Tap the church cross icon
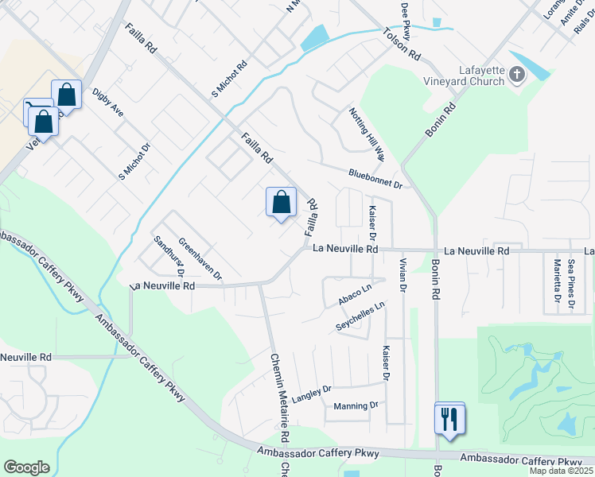coord(517,76)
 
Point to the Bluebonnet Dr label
coord(375,178)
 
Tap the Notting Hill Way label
coord(366,133)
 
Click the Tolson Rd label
coord(402,45)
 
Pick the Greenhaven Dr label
coord(200,259)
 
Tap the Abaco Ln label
coord(355,294)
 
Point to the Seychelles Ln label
coord(360,316)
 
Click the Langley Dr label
coord(311,393)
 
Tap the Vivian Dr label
coord(403,275)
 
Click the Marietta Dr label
coord(558,285)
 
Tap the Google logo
coord(26,467)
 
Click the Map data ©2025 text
coord(561,471)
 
